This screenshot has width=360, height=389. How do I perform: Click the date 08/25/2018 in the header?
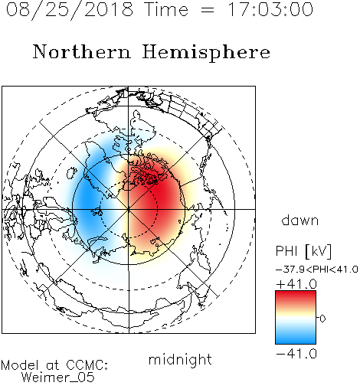click(70, 10)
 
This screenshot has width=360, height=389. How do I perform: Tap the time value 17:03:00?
click(270, 9)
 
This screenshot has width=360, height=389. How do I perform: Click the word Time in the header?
click(166, 9)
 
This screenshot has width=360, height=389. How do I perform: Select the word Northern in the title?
click(82, 51)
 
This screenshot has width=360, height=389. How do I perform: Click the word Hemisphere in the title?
click(206, 53)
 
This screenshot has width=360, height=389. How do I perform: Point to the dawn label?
click(300, 220)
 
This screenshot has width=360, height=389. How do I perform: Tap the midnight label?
click(180, 359)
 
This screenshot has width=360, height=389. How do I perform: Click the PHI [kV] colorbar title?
click(303, 251)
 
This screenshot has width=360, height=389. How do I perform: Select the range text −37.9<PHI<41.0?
click(317, 270)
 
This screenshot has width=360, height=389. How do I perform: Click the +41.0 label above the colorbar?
click(296, 284)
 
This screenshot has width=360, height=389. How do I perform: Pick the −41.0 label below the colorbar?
click(296, 354)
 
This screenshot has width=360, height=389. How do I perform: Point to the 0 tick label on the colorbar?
click(322, 319)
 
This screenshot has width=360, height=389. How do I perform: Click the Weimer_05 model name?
click(58, 378)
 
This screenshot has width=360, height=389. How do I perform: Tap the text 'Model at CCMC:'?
click(54, 365)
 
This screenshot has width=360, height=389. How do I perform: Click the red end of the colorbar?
click(296, 295)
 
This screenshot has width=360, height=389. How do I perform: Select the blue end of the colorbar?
click(296, 339)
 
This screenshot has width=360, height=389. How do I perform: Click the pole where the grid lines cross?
click(129, 209)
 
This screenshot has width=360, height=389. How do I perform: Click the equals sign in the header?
click(208, 11)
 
